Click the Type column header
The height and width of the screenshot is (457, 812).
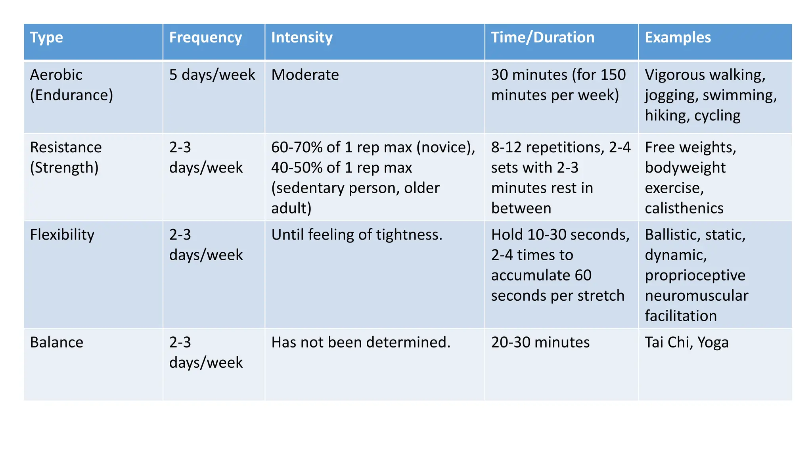point(46,38)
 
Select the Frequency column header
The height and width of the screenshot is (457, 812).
point(205,38)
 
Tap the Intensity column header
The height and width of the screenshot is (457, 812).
point(302,38)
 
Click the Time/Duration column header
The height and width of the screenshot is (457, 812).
point(543,38)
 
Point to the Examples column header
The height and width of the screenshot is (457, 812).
point(678,38)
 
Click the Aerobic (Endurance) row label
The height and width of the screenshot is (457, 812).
point(71,85)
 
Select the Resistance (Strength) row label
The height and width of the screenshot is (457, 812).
point(66,157)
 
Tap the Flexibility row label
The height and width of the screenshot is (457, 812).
point(62,235)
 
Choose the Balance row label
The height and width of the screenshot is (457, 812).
point(57,342)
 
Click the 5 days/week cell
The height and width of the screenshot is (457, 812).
point(212,75)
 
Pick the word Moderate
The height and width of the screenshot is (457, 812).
point(305,75)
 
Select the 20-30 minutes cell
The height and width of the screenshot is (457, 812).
point(540,342)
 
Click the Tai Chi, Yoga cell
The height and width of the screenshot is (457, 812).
point(687,342)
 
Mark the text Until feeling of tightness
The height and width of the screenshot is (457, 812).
point(356,235)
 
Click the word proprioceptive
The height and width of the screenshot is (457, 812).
point(695,275)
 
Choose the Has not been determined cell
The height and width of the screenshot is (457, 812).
point(361,342)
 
